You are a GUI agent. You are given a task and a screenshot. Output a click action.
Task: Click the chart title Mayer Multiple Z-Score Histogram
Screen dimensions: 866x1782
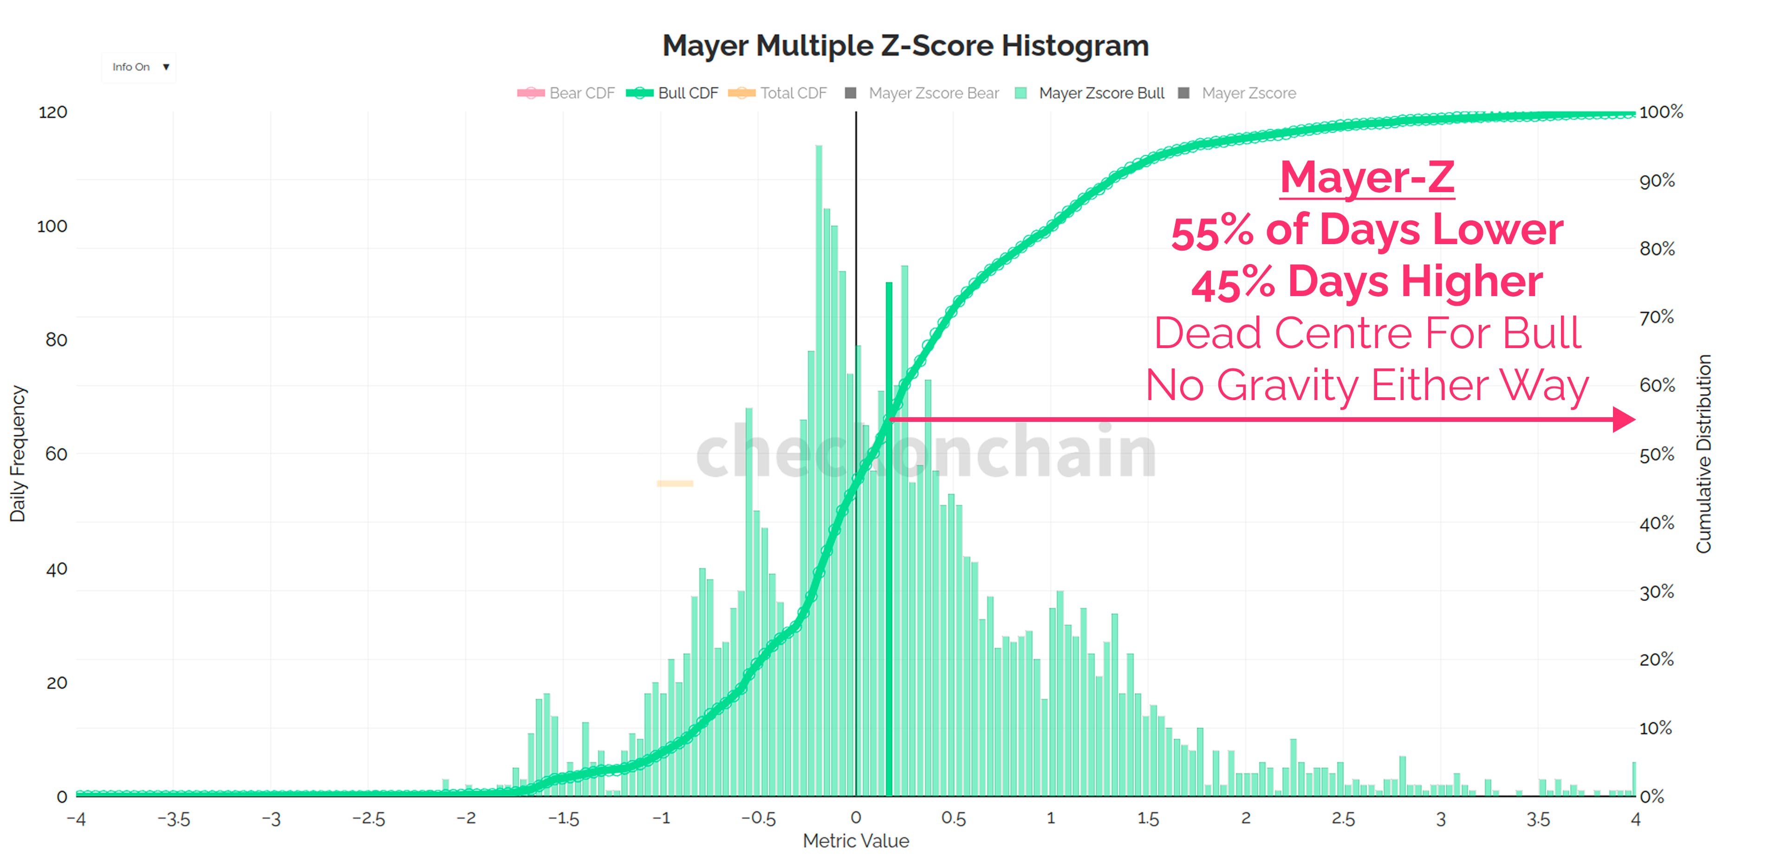point(905,45)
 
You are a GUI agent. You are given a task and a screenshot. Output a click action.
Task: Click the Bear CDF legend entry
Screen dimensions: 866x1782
point(566,93)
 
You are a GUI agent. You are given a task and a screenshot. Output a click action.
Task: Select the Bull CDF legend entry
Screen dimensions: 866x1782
point(673,93)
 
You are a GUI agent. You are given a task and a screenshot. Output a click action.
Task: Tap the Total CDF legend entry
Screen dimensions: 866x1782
point(778,93)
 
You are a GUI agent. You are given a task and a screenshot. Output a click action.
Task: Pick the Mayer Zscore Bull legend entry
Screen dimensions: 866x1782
point(1092,93)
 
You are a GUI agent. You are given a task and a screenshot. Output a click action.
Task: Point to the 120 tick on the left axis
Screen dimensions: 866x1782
point(52,112)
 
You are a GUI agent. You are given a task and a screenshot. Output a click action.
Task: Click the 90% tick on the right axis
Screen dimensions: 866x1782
point(1657,181)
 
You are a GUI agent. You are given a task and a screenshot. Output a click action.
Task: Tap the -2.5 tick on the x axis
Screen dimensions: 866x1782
point(368,819)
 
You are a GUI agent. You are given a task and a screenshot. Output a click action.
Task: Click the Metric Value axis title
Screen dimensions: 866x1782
point(856,841)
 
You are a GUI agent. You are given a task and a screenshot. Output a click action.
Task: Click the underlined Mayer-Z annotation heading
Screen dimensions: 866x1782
point(1367,177)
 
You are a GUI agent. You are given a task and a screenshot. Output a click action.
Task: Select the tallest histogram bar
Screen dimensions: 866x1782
point(819,470)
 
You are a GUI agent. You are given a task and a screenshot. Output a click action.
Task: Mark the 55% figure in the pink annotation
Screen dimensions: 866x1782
point(1212,231)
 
